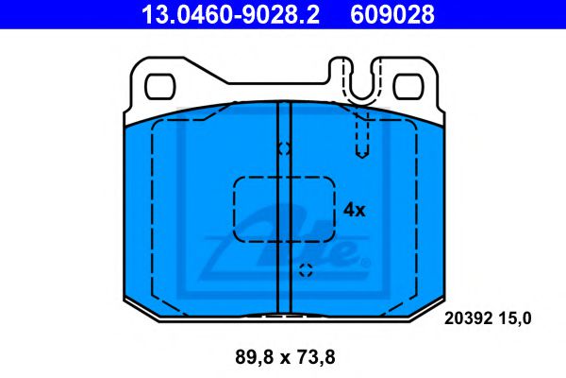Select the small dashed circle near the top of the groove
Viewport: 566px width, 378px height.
[x=284, y=148]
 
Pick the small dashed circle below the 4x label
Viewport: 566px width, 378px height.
[x=305, y=270]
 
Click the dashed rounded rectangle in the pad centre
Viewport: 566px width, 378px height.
[x=284, y=209]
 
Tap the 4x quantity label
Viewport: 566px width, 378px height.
[x=354, y=210]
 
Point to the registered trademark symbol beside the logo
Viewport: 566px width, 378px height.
[x=365, y=261]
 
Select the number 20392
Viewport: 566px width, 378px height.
[x=468, y=318]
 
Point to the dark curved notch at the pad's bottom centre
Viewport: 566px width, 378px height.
[x=284, y=315]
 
